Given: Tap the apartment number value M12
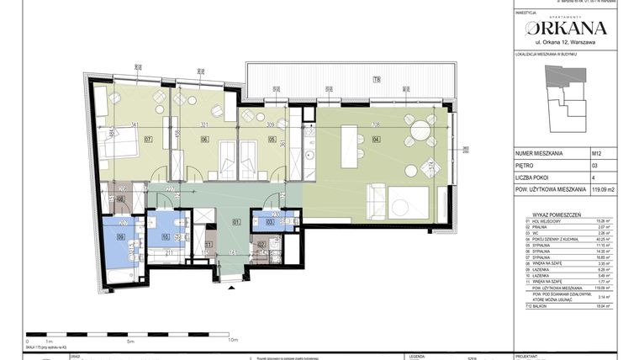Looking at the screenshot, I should [595, 154].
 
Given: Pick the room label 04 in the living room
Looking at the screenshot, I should [377, 140].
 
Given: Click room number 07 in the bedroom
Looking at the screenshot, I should [148, 140].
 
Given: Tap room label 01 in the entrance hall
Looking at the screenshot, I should [237, 223].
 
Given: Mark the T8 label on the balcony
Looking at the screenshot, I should [377, 80].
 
